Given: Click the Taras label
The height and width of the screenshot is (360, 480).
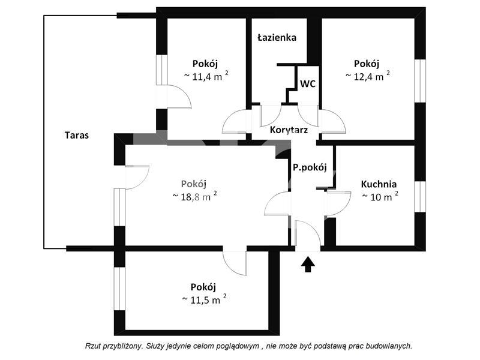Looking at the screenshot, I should [x=76, y=135].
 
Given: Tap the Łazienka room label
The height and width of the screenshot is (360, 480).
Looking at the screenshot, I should [x=277, y=37].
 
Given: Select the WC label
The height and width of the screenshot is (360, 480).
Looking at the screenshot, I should [x=308, y=84].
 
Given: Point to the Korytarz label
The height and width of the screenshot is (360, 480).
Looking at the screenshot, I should [x=289, y=129].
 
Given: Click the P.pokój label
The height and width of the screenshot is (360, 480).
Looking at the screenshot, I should [x=309, y=168].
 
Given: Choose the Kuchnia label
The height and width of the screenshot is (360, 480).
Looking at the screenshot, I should [x=379, y=184].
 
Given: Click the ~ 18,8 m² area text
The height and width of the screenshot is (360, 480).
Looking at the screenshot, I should [x=194, y=196].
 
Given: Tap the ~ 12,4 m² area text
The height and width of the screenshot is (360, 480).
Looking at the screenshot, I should [x=367, y=76].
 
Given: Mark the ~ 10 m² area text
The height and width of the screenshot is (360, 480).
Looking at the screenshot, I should [x=380, y=196].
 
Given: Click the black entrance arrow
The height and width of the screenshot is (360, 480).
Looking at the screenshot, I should [x=308, y=264].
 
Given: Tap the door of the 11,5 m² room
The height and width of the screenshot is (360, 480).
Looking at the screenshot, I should [x=235, y=262].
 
